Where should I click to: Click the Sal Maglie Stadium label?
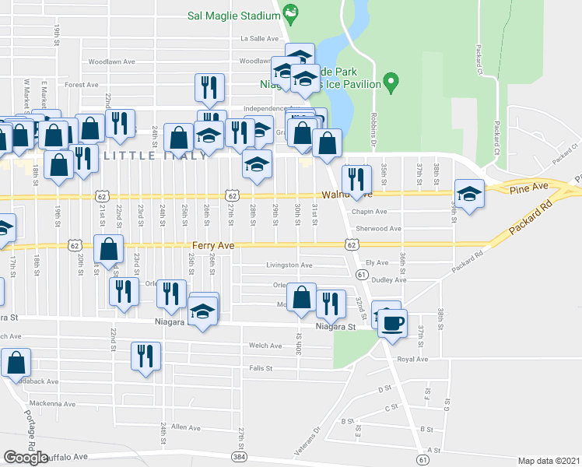point(233,16)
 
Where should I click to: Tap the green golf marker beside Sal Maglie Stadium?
point(291,12)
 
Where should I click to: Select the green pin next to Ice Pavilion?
point(392,81)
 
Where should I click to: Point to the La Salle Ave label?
point(259,38)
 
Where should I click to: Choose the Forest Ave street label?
point(82,85)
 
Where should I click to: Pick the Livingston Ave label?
point(289,265)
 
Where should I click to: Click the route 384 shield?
point(237,452)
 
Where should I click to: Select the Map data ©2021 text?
point(549,461)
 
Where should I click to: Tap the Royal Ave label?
point(412,360)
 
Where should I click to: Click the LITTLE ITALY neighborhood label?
point(156,155)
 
